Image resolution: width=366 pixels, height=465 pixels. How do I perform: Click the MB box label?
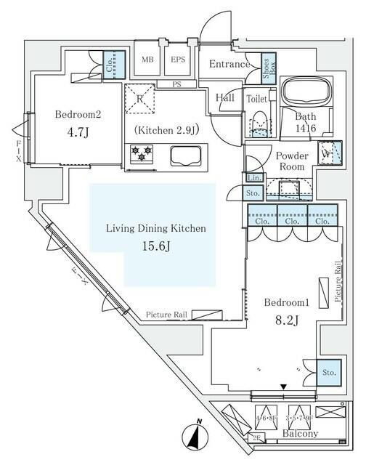[147, 60]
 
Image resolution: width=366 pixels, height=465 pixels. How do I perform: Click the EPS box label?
[176, 60]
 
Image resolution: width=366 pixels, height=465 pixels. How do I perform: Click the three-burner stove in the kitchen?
[140, 153]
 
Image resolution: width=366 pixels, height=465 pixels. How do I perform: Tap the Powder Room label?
[291, 161]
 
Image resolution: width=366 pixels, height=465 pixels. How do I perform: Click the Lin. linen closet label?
[253, 177]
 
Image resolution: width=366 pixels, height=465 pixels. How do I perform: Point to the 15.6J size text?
[156, 246]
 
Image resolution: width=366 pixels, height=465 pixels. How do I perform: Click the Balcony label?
[298, 434]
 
